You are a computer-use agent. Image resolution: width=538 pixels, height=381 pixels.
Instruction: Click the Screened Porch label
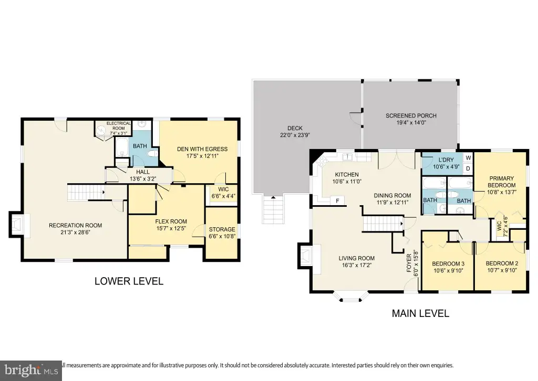coord(411,116)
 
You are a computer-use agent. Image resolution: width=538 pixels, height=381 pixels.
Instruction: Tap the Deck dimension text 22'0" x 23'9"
coord(295,135)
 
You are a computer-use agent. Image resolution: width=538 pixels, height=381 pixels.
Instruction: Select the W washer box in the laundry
coord(468,158)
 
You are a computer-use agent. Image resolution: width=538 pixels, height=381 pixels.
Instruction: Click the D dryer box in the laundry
coord(468,168)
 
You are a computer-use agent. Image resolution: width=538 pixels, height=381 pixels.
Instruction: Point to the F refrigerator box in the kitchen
coord(337,201)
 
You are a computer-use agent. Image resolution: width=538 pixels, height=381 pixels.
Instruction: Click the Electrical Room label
coord(118,126)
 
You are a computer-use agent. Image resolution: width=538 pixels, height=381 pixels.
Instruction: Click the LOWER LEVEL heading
coord(129,281)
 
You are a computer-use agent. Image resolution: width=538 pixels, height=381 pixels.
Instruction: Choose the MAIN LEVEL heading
coord(420,313)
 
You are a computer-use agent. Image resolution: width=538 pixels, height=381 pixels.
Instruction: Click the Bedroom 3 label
coord(448,264)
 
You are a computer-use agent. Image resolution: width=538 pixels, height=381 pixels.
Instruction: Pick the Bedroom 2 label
coord(502,263)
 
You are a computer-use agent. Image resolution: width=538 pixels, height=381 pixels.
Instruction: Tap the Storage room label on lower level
coord(222,229)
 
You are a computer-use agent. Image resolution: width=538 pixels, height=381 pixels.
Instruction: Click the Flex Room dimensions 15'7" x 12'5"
coord(171,228)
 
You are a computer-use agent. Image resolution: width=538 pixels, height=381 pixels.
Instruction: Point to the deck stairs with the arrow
coord(273,209)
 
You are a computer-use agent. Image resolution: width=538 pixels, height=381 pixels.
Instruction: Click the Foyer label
coord(409,263)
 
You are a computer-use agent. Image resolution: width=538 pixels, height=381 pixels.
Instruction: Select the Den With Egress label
coord(202,149)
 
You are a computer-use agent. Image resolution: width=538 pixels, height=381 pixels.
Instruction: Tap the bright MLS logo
coord(31,371)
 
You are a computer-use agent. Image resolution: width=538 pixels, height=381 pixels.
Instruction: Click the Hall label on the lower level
coord(143,172)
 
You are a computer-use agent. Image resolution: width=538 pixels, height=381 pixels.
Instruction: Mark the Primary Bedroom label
coord(501,182)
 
